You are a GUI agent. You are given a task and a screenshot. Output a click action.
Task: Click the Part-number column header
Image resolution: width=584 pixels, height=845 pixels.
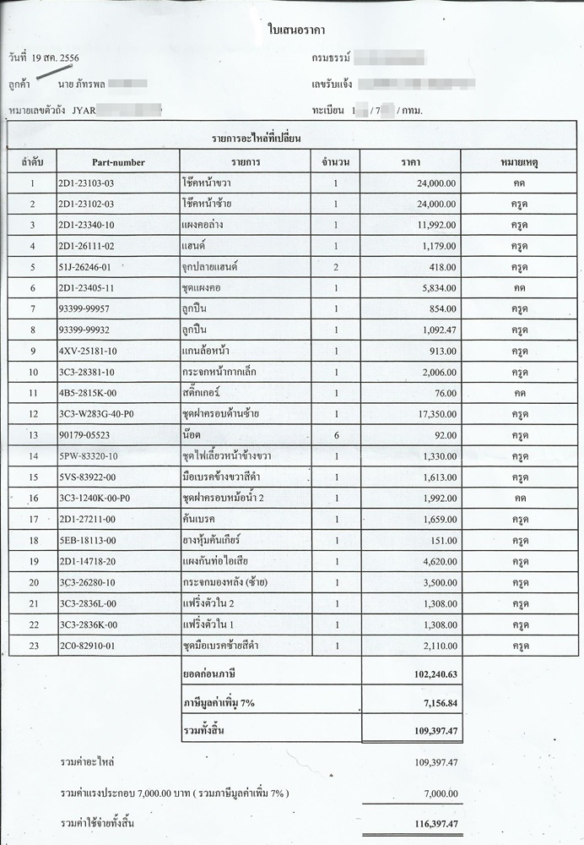coord(118,161)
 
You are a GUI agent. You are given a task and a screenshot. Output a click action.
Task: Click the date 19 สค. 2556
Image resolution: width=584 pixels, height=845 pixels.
coord(59,58)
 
